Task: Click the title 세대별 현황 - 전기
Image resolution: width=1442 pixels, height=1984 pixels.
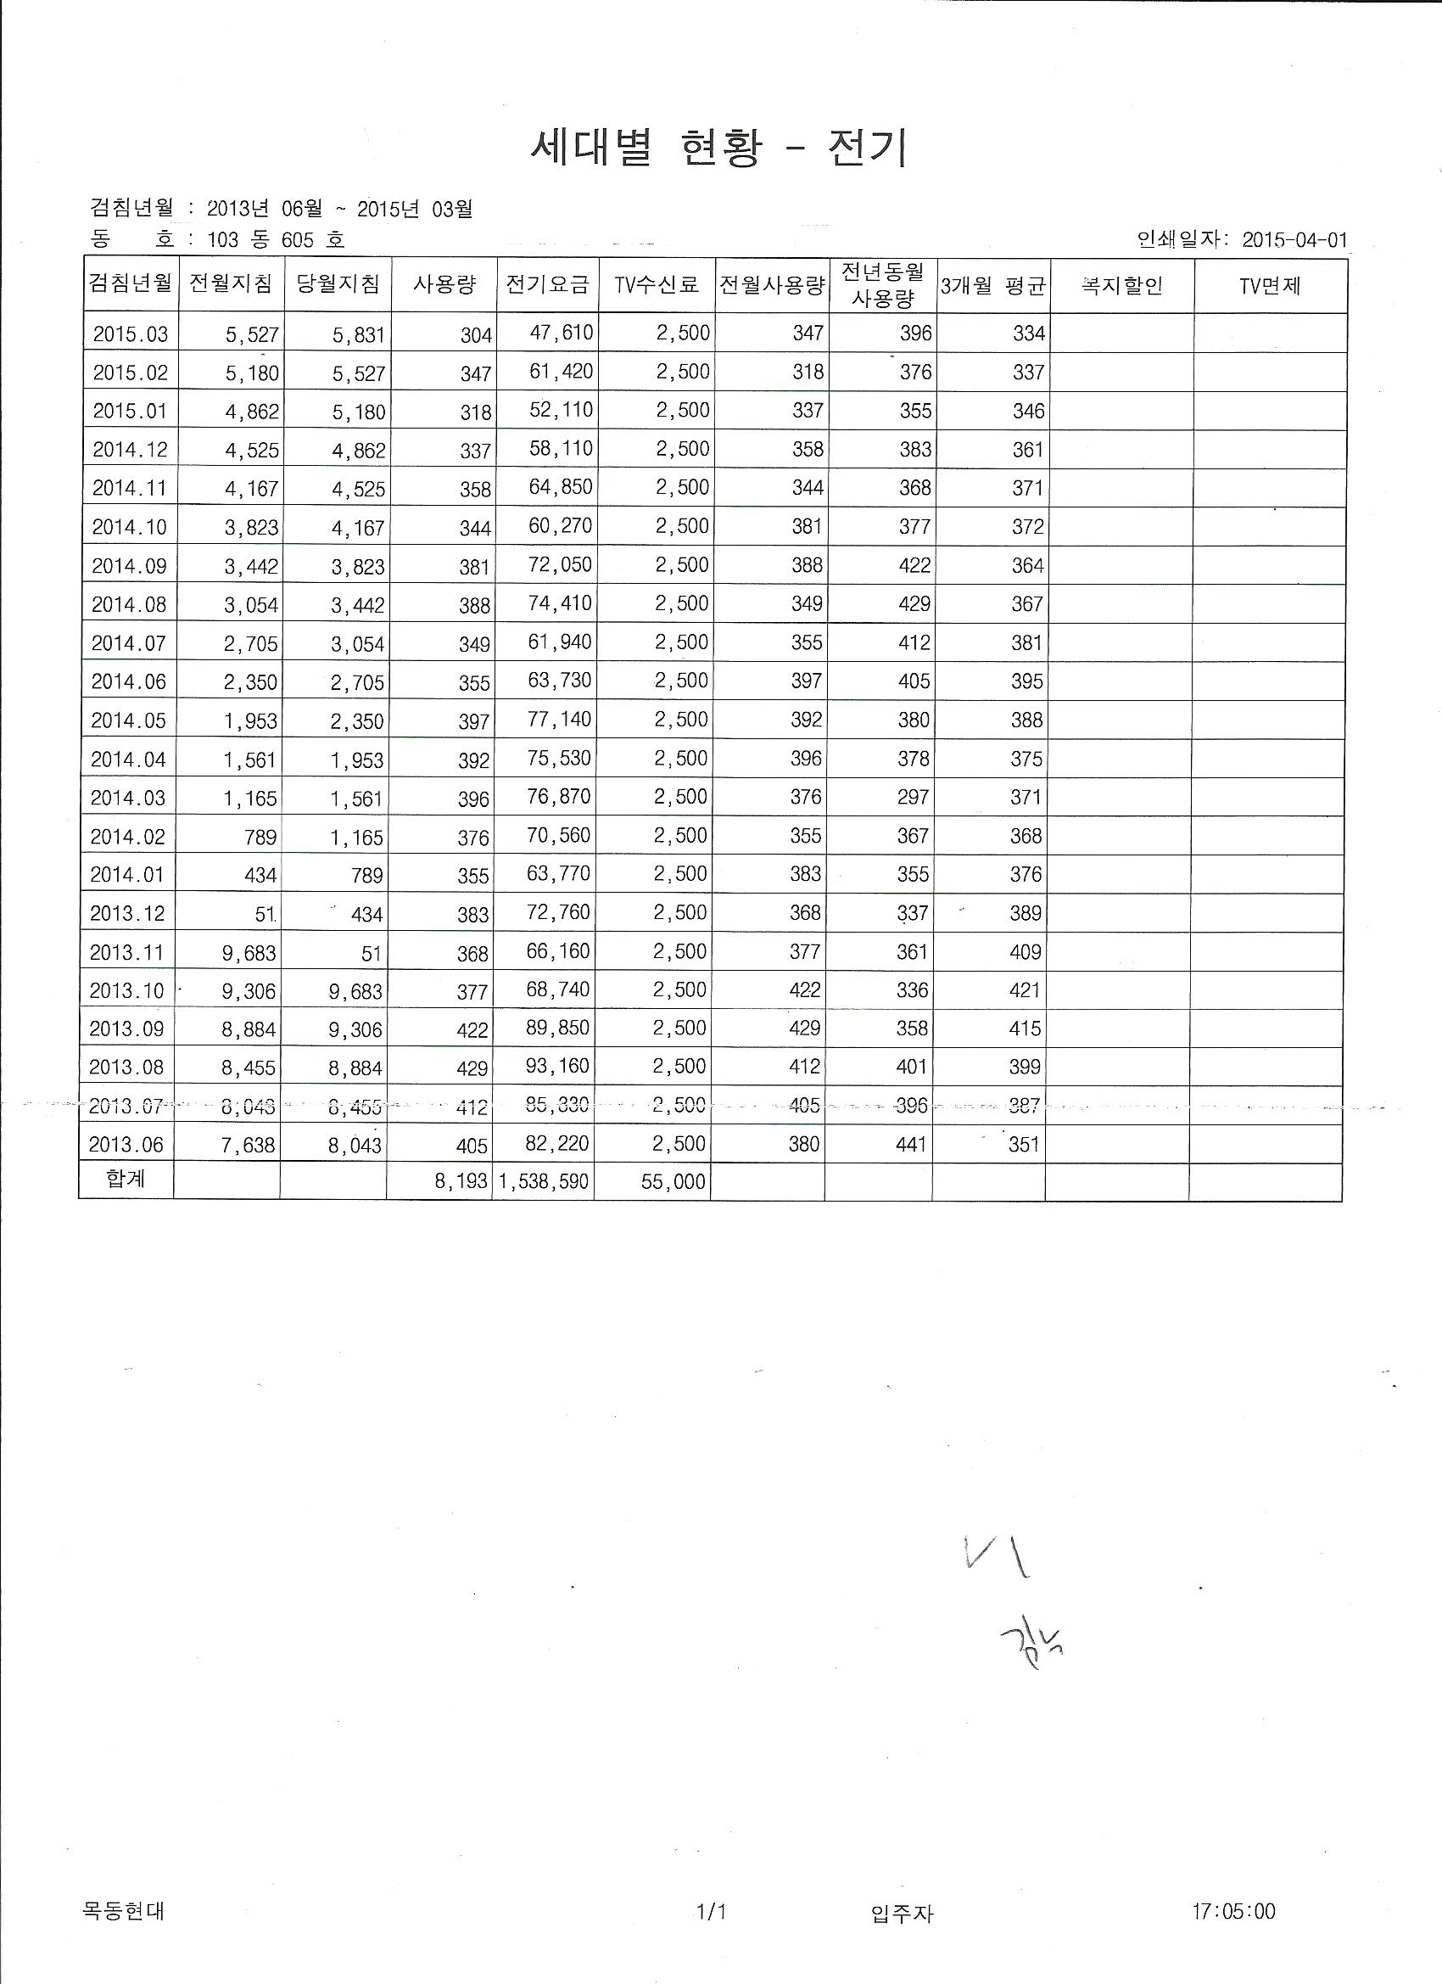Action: coord(718,148)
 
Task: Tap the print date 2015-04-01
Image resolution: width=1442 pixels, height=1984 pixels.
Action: coord(1295,239)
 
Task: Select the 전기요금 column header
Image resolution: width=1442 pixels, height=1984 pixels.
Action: coord(547,284)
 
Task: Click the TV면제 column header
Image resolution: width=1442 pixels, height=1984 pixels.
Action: coord(1270,285)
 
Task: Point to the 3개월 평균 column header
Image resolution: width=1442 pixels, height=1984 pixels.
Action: coord(992,286)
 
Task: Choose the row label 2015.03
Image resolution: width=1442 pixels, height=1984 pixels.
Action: coord(131,334)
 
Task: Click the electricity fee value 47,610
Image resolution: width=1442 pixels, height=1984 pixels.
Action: coord(561,333)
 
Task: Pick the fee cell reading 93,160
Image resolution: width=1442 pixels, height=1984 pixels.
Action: coord(558,1066)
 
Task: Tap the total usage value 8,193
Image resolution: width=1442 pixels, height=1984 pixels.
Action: coord(461,1182)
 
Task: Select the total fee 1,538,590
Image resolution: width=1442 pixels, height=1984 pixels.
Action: coord(544,1182)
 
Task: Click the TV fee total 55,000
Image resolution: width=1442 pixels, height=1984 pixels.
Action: coord(673,1182)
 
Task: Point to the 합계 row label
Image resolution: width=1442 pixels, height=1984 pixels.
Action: coord(126,1180)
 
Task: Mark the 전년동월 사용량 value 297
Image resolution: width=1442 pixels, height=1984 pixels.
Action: coord(913,797)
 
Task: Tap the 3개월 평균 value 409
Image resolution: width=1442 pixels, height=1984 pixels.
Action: coord(1025,952)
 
